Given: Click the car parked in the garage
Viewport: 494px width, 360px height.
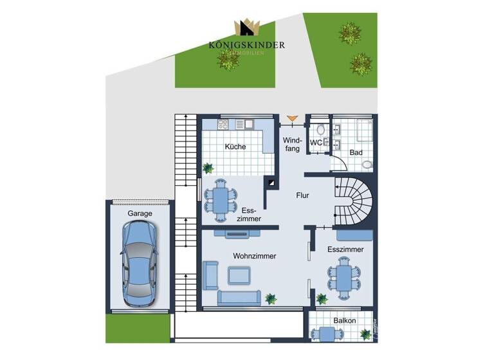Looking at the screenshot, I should tap(139, 264).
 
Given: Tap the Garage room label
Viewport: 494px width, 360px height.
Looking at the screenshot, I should tap(140, 213).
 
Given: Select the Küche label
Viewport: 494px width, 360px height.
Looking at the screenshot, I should tap(235, 147).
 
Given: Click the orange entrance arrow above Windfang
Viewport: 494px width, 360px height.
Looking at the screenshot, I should tap(292, 118).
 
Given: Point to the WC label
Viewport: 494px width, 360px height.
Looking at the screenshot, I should tap(316, 142).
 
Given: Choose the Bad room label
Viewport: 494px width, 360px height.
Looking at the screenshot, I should tap(356, 152).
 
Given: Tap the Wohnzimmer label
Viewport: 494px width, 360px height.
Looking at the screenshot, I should tap(255, 256).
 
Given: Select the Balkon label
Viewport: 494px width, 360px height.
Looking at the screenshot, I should tap(344, 320).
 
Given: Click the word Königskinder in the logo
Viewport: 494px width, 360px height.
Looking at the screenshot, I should tap(246, 44).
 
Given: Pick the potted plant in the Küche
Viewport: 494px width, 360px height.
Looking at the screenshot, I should tap(207, 168).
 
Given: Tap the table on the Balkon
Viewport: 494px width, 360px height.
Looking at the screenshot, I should tap(327, 333).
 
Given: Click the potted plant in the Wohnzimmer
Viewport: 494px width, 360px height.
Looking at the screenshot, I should tap(271, 298).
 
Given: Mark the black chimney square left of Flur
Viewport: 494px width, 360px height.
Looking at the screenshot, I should tap(273, 182).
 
